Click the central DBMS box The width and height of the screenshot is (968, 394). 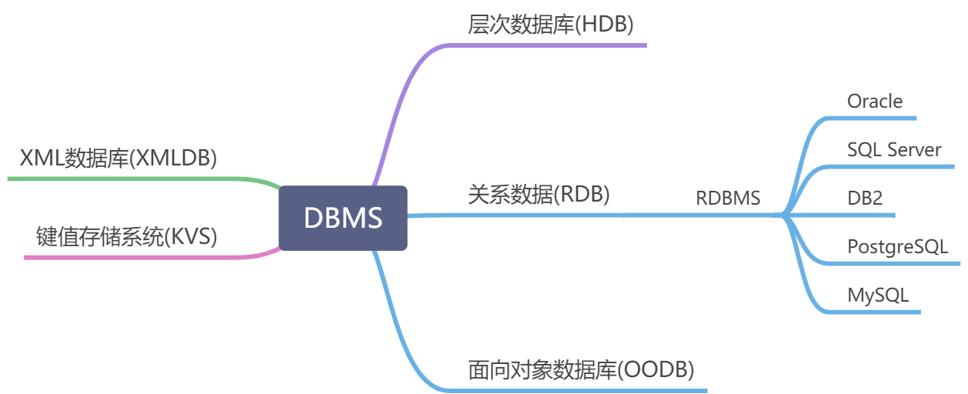pos(343,218)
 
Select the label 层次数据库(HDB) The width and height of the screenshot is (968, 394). pos(550,25)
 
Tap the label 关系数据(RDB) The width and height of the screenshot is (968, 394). pos(539,195)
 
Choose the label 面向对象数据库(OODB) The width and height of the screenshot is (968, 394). pos(581,370)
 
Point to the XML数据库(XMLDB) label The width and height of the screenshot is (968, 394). pos(118,159)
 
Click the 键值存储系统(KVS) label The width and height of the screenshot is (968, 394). pos(127,236)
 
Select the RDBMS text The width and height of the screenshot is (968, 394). pos(728,198)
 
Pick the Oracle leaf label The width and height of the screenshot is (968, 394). pos(874,101)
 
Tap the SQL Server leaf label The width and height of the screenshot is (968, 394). pos(893,149)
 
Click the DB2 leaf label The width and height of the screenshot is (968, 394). pos(864,198)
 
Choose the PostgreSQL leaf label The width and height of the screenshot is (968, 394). pos(897,247)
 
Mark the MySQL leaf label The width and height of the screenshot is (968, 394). pos(878,295)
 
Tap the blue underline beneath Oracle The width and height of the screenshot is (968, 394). pos(873,118)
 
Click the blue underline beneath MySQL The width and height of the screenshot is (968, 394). pos(877,312)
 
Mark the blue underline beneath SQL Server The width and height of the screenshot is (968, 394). pos(893,166)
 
